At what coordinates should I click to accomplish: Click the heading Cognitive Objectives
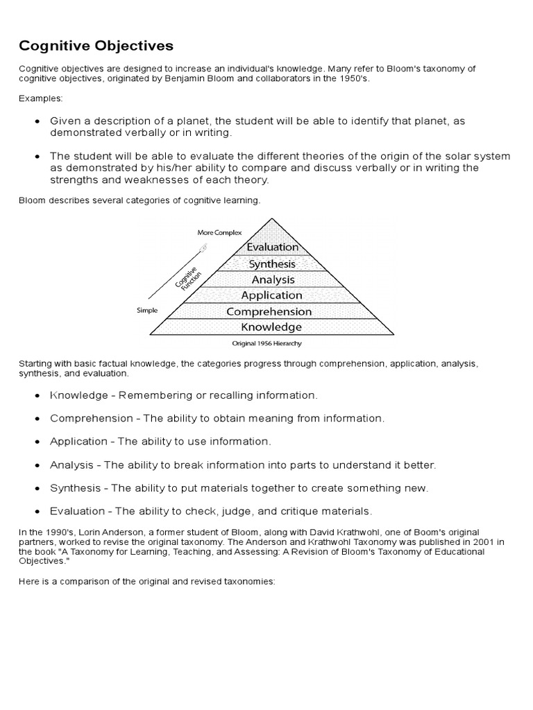(96, 46)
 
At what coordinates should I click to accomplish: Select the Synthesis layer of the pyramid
(272, 263)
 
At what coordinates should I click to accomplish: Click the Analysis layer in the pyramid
(273, 279)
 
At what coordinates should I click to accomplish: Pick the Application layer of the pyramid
(272, 295)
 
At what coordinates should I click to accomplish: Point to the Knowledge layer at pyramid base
(271, 327)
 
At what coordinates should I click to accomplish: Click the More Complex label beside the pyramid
(219, 233)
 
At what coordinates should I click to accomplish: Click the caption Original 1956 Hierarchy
(267, 343)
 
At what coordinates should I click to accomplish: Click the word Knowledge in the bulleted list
(78, 395)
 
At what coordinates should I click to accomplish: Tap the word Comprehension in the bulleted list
(91, 418)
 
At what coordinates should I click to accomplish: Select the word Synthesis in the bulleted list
(75, 488)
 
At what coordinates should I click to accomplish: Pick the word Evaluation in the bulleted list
(76, 511)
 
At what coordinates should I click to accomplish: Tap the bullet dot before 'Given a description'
(37, 121)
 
